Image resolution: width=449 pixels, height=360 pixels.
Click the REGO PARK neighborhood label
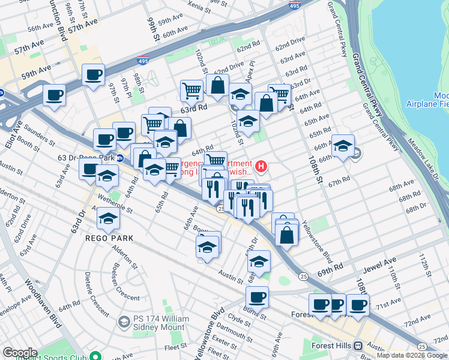click(109, 238)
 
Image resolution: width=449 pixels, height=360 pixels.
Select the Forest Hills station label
click(332, 346)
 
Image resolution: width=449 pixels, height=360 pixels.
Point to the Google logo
click(20, 353)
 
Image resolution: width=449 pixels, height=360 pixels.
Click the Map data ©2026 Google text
click(412, 355)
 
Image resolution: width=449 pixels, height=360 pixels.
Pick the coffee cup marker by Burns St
click(257, 296)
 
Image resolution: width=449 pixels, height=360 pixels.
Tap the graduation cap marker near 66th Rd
click(343, 146)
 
